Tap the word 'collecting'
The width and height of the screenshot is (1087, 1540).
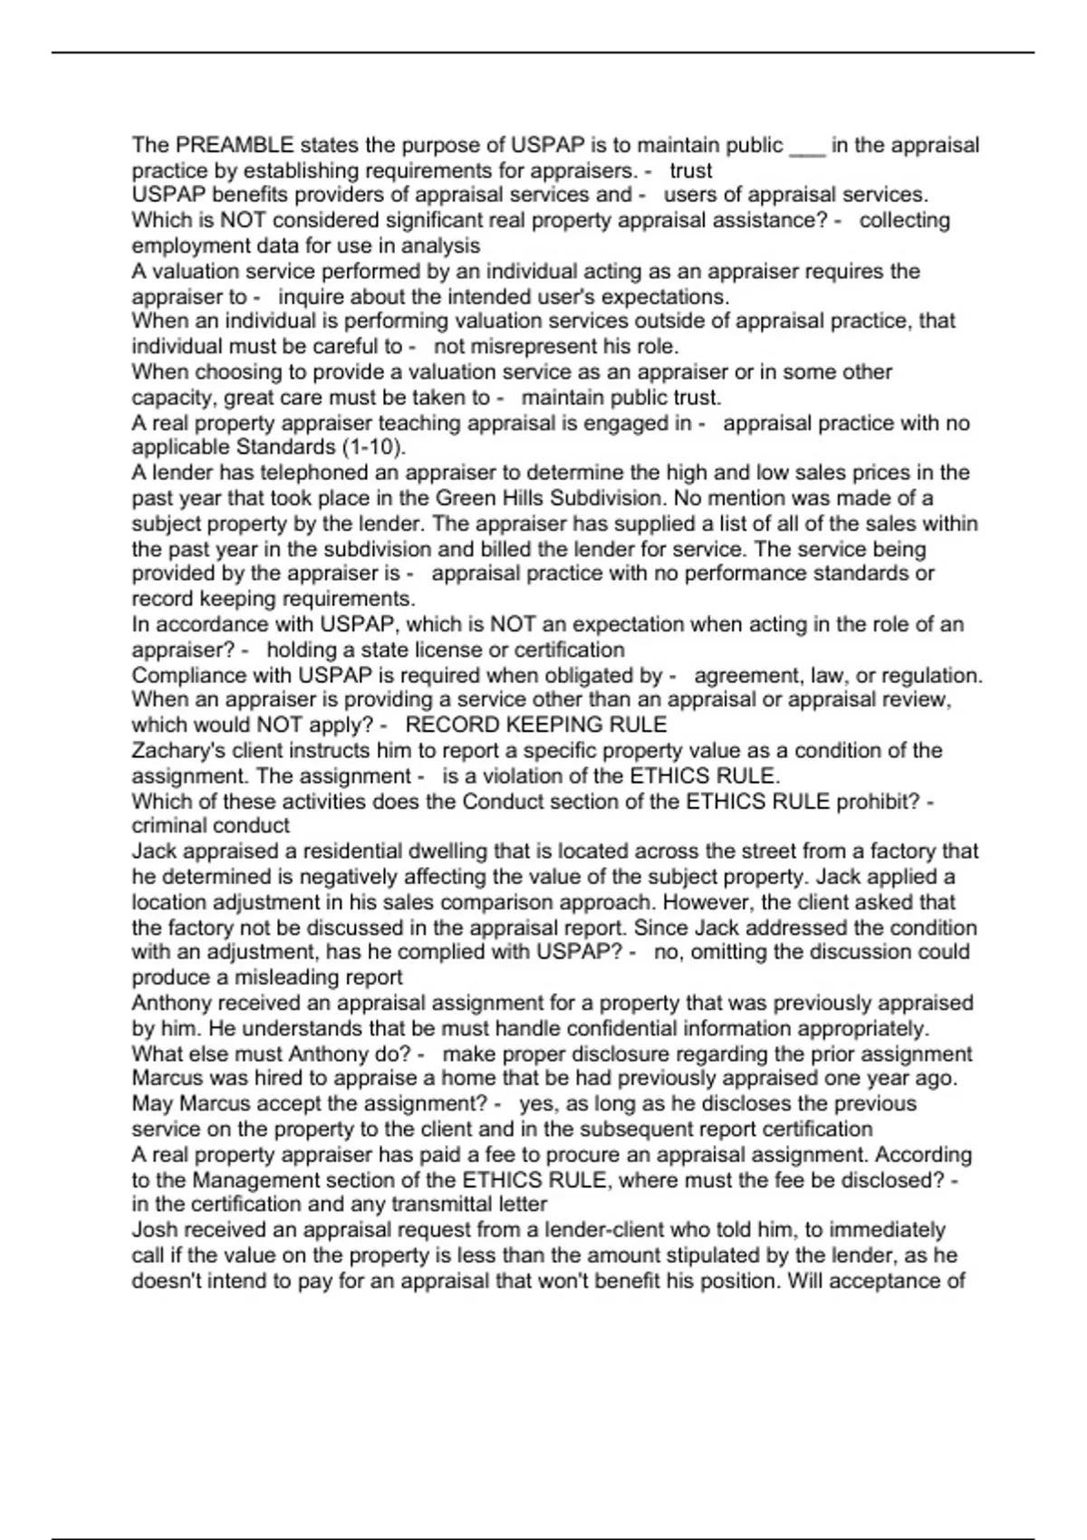click(904, 220)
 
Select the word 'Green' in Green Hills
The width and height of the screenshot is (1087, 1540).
click(466, 498)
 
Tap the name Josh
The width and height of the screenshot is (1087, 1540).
click(153, 1230)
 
